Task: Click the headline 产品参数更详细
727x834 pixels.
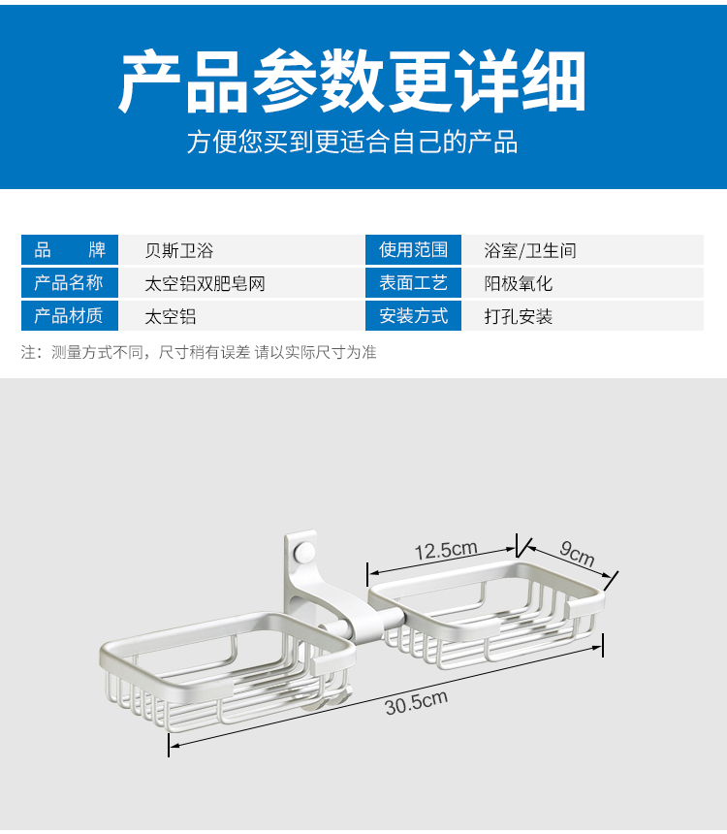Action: (x=353, y=82)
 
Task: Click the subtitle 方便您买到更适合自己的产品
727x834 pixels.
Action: (x=353, y=143)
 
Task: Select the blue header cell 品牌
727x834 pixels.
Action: (x=70, y=250)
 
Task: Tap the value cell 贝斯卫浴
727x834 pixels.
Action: (x=178, y=250)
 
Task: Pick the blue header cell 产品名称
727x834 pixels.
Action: (x=70, y=283)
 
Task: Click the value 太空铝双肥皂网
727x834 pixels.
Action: (x=205, y=283)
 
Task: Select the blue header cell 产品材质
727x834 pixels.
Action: (x=70, y=316)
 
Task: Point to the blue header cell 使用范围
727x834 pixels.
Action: (x=413, y=250)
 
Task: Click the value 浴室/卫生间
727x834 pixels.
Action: (x=530, y=250)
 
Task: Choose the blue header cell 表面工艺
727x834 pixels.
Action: (x=413, y=283)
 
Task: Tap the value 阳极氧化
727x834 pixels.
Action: (x=519, y=283)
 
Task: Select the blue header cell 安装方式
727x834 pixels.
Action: (x=413, y=316)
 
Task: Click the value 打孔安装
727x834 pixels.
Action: (x=519, y=316)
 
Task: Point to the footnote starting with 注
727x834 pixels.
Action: (x=199, y=353)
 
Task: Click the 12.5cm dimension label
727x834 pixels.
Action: (x=446, y=550)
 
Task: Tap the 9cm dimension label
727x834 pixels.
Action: (x=576, y=555)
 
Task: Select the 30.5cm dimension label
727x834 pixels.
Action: (x=416, y=701)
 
